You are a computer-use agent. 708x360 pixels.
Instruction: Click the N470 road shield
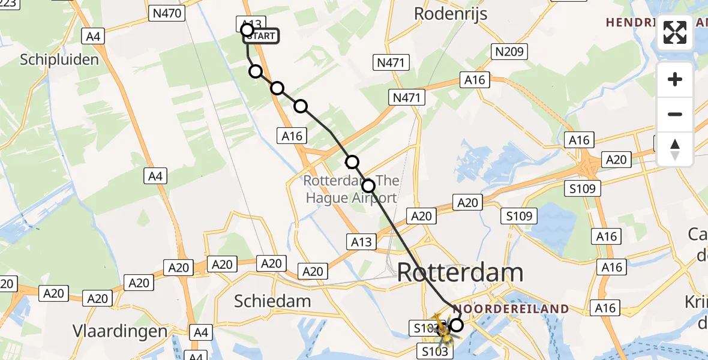pyautogui.click(x=167, y=13)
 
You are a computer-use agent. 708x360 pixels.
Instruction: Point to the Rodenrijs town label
pyautogui.click(x=451, y=13)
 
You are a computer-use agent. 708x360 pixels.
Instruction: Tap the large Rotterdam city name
pyautogui.click(x=460, y=273)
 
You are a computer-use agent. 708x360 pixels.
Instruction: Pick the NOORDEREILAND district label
pyautogui.click(x=511, y=309)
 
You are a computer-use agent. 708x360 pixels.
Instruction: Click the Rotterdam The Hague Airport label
pyautogui.click(x=352, y=189)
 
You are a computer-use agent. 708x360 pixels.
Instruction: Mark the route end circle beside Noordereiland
pyautogui.click(x=457, y=325)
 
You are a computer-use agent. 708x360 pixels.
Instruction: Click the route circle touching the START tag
pyautogui.click(x=247, y=29)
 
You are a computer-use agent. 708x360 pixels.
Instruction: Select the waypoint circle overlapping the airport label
pyautogui.click(x=368, y=186)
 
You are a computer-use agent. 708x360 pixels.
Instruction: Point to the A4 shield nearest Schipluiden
pyautogui.click(x=92, y=37)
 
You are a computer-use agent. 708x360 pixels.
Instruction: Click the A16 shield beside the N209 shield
pyautogui.click(x=475, y=80)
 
